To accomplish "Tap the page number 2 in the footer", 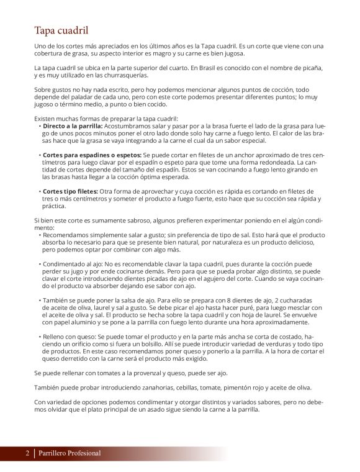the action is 27,453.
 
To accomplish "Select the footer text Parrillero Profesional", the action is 69,453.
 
